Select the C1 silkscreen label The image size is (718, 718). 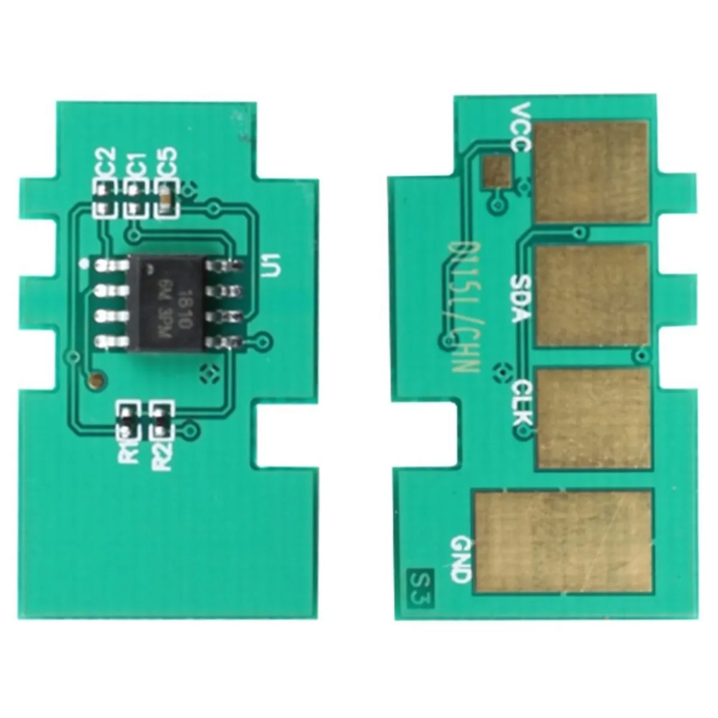[x=136, y=164]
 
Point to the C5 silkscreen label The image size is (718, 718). [x=167, y=163]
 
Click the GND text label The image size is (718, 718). [x=461, y=559]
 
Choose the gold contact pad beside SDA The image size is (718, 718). [x=592, y=296]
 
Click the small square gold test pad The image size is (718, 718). [x=498, y=170]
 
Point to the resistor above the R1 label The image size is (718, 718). [x=128, y=419]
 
